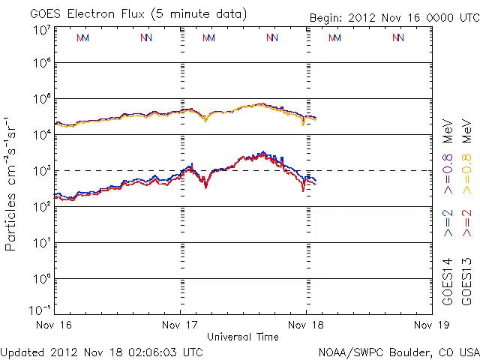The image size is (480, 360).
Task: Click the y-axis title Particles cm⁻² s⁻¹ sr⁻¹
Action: (x=11, y=184)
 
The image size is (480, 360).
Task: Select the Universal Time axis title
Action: (x=242, y=337)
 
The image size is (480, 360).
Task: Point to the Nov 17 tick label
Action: (x=180, y=325)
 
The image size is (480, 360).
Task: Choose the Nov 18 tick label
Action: (x=305, y=325)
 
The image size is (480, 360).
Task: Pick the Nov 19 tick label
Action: (x=430, y=325)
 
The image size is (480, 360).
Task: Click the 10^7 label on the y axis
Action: (x=42, y=30)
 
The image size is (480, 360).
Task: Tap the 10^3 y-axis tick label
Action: (x=42, y=171)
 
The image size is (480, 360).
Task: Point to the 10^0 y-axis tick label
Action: (x=42, y=279)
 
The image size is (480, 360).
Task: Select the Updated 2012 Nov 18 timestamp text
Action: (x=101, y=352)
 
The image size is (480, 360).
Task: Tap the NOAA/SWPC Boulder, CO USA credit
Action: (x=398, y=352)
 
